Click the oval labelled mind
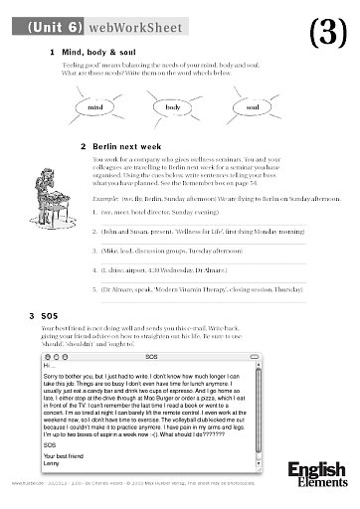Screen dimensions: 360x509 coord(95,103)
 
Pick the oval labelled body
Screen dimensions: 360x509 coord(171,103)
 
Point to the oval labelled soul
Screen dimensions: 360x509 coord(252,103)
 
